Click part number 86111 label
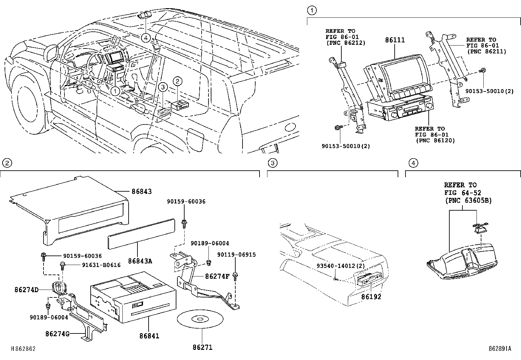click(395, 40)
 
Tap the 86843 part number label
click(142, 192)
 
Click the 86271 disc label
click(202, 347)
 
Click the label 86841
click(149, 336)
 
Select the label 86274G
click(58, 334)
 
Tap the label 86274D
click(27, 290)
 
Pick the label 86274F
click(217, 276)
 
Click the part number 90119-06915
click(237, 255)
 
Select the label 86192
click(371, 297)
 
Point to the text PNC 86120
click(435, 141)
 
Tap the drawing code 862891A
click(500, 349)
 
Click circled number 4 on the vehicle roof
click(146, 38)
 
